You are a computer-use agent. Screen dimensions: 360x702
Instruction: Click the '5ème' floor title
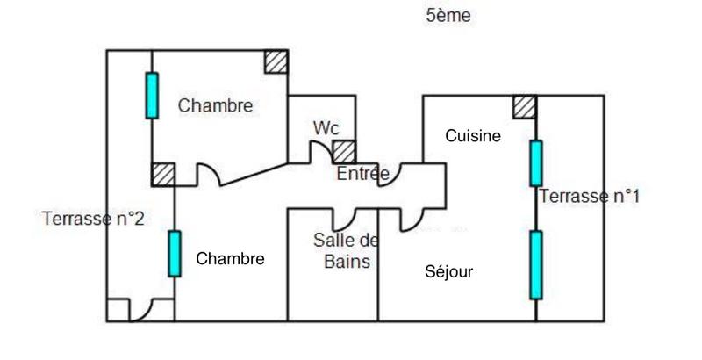pyautogui.click(x=448, y=16)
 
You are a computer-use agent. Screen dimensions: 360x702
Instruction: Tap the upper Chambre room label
pyautogui.click(x=215, y=106)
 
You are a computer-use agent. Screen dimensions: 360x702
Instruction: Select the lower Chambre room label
pyautogui.click(x=230, y=259)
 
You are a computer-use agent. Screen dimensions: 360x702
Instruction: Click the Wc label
pyautogui.click(x=326, y=127)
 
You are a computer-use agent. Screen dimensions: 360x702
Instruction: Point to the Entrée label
pyautogui.click(x=362, y=174)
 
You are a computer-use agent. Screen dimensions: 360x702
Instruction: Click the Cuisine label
pyautogui.click(x=473, y=136)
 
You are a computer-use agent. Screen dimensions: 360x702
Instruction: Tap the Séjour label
pyautogui.click(x=448, y=272)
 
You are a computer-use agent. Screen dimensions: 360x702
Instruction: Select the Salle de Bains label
pyautogui.click(x=347, y=250)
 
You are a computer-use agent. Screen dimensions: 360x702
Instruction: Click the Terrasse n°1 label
pyautogui.click(x=589, y=196)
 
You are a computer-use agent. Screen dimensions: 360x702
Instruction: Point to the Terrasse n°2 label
pyautogui.click(x=92, y=219)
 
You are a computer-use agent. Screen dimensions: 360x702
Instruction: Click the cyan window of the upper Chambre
pyautogui.click(x=152, y=96)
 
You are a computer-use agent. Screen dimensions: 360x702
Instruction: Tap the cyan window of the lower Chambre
pyautogui.click(x=175, y=254)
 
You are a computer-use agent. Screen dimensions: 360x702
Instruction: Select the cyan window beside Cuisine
pyautogui.click(x=535, y=163)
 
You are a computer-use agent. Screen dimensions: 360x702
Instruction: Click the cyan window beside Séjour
pyautogui.click(x=535, y=265)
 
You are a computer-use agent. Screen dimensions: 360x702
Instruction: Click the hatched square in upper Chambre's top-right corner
pyautogui.click(x=276, y=61)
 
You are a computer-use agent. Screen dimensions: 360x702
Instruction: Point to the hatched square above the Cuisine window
pyautogui.click(x=525, y=106)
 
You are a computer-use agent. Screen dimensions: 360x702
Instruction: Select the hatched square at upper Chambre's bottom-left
pyautogui.click(x=162, y=174)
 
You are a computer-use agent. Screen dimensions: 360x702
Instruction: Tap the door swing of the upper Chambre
pyautogui.click(x=208, y=175)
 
